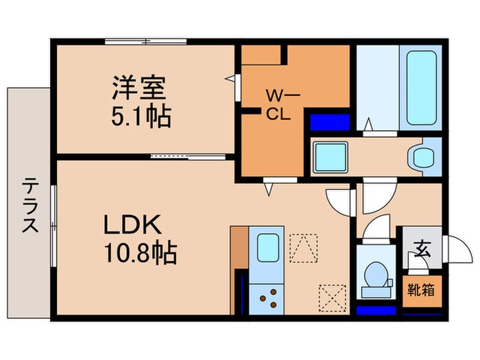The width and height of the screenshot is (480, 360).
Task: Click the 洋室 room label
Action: [x=140, y=91]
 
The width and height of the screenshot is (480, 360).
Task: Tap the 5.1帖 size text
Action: [x=141, y=117]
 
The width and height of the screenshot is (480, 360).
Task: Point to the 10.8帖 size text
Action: [x=140, y=254]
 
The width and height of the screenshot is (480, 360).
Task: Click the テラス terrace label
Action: [x=29, y=206]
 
